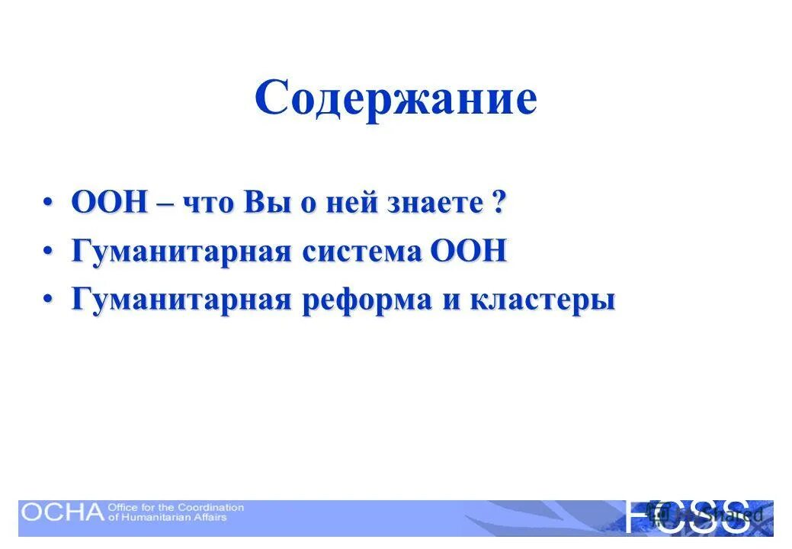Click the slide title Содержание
click(396, 98)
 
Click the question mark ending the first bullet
click(499, 204)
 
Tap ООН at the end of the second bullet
click(469, 252)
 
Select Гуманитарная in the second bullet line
click(181, 252)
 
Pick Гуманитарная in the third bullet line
click(181, 300)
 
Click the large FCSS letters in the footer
click(686, 516)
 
